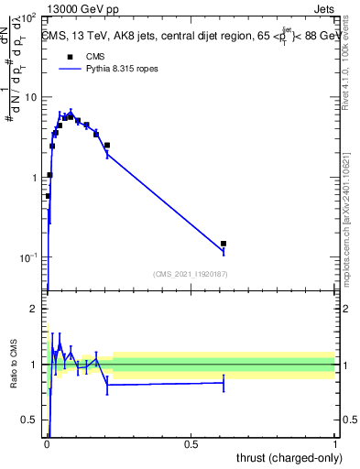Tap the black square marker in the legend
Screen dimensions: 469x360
pyautogui.click(x=70, y=56)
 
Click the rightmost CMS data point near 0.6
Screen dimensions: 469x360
pyautogui.click(x=224, y=244)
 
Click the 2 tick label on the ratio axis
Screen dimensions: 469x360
pyautogui.click(x=37, y=309)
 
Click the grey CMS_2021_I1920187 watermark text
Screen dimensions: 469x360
pyautogui.click(x=190, y=274)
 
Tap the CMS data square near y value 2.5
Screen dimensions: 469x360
pyautogui.click(x=107, y=145)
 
